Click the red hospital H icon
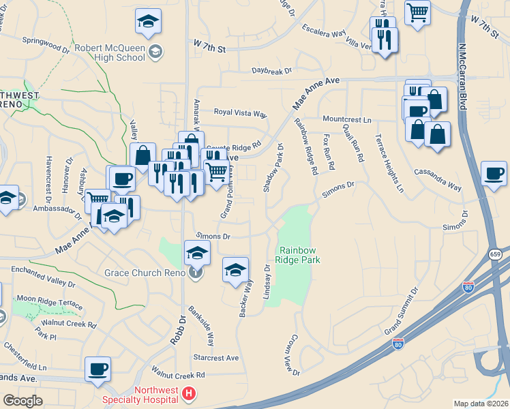(x=189, y=394)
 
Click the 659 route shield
(x=495, y=254)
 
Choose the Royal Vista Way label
(x=240, y=112)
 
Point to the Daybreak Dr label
(x=271, y=70)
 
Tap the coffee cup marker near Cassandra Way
(x=493, y=173)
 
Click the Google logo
(x=23, y=401)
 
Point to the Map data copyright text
(x=481, y=404)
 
